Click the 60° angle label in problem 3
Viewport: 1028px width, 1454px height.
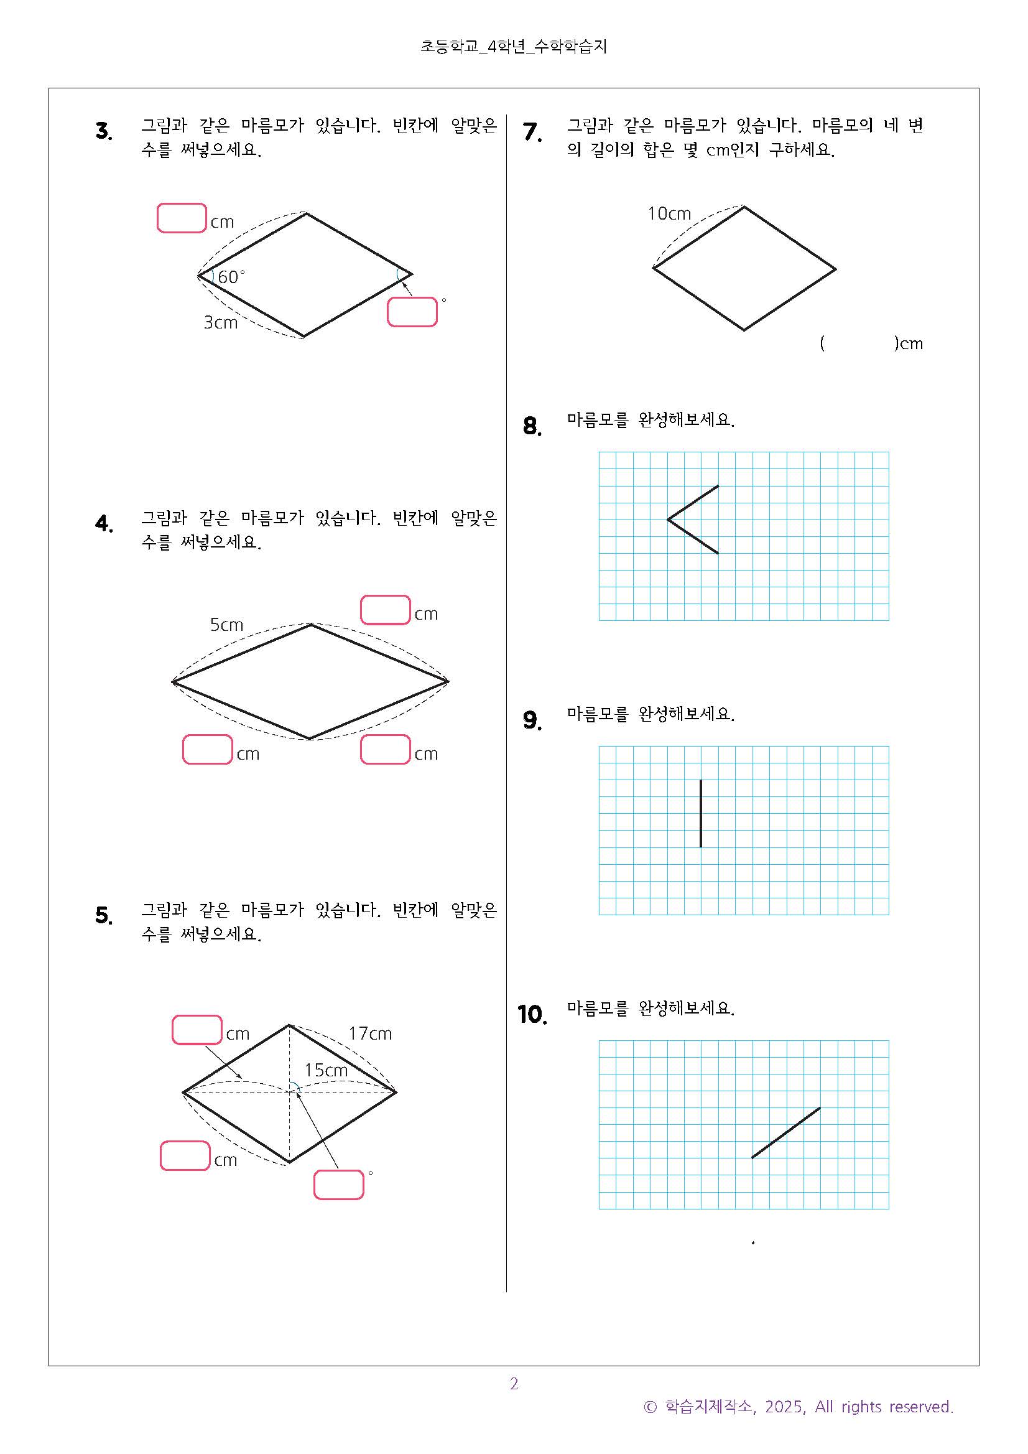tap(231, 277)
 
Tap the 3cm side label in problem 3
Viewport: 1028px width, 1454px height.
tap(220, 322)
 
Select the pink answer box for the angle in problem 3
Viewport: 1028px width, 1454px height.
tap(412, 312)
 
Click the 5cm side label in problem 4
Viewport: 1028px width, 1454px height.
tap(226, 625)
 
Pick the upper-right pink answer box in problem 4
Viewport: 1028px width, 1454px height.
tap(386, 610)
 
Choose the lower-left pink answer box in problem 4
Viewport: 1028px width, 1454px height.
tap(208, 749)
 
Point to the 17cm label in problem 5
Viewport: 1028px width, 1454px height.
tap(370, 1033)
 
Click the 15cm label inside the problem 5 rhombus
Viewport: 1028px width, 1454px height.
tap(326, 1070)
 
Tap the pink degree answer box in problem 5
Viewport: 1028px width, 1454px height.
tap(339, 1185)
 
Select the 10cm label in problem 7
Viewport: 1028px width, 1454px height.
tap(669, 213)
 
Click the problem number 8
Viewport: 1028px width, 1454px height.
tap(532, 426)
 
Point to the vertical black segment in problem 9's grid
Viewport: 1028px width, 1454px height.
tap(701, 813)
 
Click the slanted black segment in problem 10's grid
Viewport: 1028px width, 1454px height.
tap(785, 1133)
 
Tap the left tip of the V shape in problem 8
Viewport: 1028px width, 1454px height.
tap(668, 520)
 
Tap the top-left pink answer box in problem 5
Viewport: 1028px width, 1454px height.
tap(197, 1030)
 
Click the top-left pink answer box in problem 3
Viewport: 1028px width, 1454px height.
tap(182, 218)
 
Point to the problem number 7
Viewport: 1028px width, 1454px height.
tap(532, 132)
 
